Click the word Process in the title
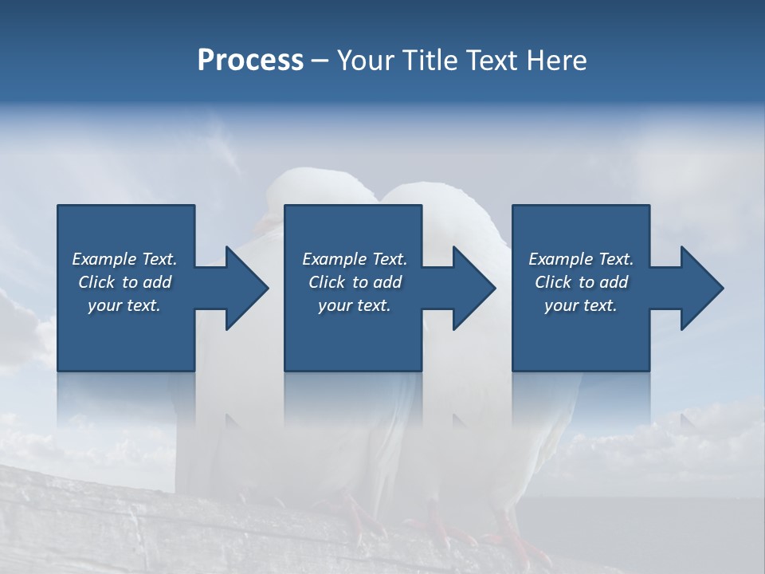pyautogui.click(x=250, y=61)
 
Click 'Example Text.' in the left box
pyautogui.click(x=124, y=259)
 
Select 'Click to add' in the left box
pyautogui.click(x=124, y=282)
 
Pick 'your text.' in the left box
pyautogui.click(x=124, y=305)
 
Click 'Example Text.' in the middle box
pyautogui.click(x=355, y=259)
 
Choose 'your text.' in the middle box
pyautogui.click(x=355, y=305)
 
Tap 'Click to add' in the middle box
pyautogui.click(x=355, y=282)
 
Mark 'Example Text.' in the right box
pyautogui.click(x=581, y=259)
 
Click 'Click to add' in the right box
pyautogui.click(x=581, y=282)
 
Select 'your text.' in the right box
pyautogui.click(x=581, y=305)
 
